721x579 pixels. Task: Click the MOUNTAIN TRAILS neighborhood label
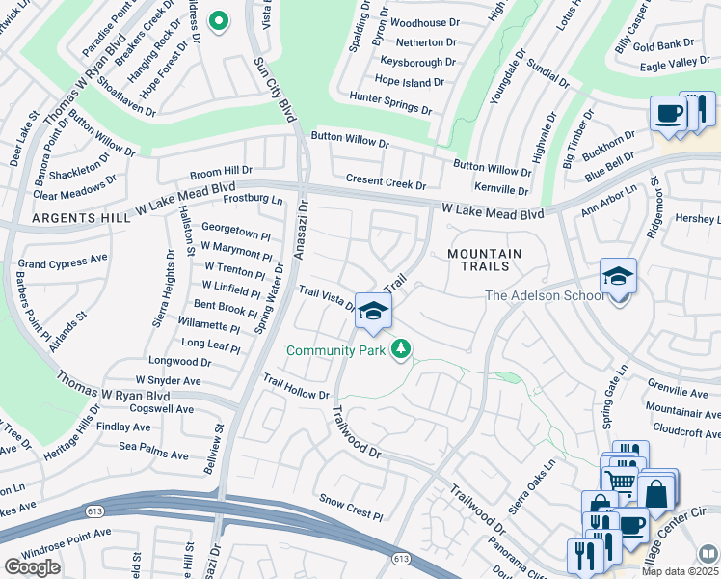485,261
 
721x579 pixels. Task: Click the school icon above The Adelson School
617,277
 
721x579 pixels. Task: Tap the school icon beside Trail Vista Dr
373,311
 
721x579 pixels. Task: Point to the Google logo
32,567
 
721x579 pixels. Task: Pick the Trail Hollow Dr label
296,389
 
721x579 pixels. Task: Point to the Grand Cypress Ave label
63,262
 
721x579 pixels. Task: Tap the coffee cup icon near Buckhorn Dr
668,114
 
